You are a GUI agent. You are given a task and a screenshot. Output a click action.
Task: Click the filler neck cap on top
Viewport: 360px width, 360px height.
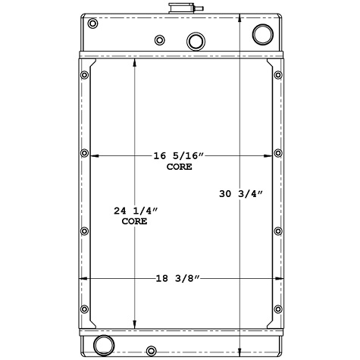click(180, 8)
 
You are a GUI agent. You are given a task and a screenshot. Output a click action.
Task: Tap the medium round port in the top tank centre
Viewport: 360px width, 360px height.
click(196, 40)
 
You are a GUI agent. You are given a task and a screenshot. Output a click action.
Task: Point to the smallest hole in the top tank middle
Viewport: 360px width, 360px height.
click(159, 40)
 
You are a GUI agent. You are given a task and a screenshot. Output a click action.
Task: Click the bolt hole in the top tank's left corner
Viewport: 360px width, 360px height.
click(92, 24)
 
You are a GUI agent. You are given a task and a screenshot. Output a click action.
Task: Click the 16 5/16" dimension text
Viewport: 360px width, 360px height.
click(180, 155)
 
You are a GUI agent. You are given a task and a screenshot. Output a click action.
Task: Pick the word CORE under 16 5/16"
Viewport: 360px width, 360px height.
click(180, 166)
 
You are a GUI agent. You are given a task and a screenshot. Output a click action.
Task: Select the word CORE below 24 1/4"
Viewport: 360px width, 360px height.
click(135, 222)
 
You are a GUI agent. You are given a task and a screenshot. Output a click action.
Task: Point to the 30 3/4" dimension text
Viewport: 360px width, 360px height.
click(241, 195)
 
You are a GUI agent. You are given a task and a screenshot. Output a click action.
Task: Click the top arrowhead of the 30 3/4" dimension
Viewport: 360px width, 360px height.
click(240, 16)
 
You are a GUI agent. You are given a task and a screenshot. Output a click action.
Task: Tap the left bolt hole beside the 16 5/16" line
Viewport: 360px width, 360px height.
click(83, 154)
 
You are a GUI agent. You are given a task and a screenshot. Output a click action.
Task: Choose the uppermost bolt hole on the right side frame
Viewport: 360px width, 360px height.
click(277, 75)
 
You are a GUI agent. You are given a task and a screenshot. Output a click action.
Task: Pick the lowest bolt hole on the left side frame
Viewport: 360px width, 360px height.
click(83, 309)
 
